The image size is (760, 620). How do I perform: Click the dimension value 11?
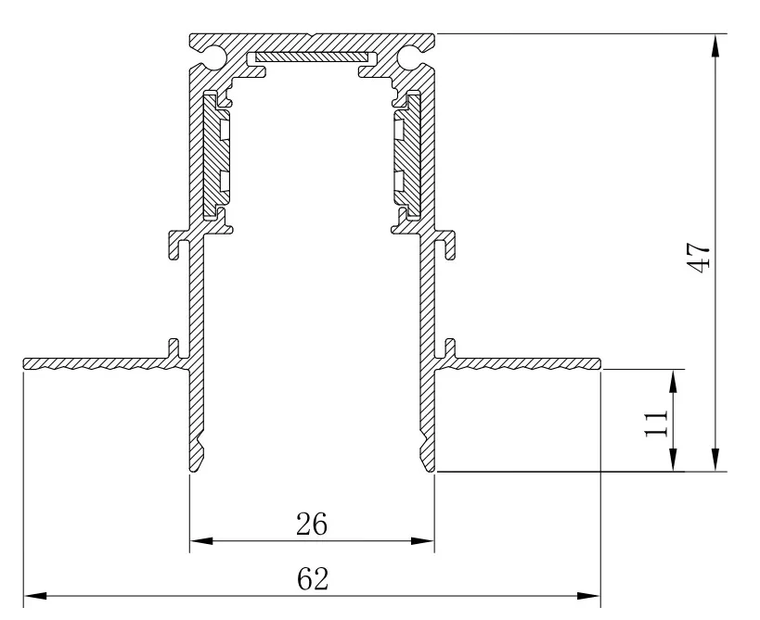656,423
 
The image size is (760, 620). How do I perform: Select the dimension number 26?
312,525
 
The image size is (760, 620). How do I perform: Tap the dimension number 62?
313,579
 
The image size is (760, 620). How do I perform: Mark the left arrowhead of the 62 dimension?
35,596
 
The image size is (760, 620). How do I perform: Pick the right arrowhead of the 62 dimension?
589,596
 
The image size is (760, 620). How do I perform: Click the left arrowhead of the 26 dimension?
201,540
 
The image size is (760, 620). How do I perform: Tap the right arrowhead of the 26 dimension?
422,540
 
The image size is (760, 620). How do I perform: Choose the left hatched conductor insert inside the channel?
216,154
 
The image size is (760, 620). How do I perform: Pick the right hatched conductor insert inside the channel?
407,154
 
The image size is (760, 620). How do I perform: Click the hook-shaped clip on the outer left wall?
178,245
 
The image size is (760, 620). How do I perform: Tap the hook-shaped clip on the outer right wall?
445,245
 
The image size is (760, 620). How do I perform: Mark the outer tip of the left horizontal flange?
24,363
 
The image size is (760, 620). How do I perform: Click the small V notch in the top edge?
312,35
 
